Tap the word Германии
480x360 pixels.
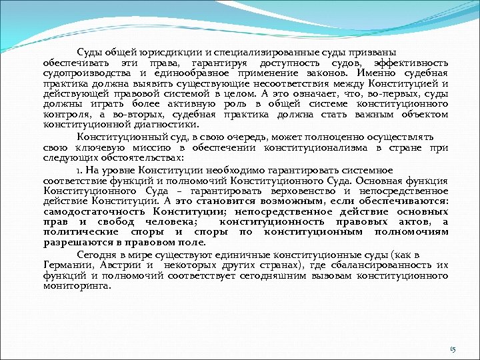pos(67,265)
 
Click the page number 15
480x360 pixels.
pos(453,349)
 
